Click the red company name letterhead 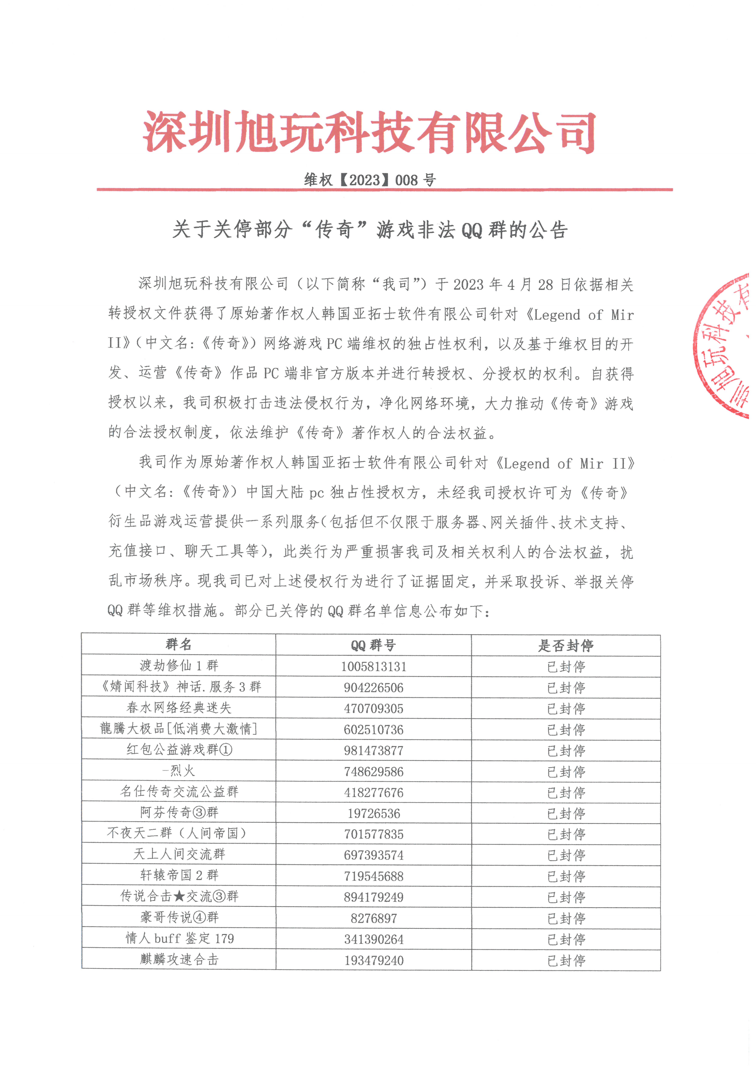pos(369,132)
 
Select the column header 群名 pos(179,644)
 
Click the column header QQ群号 pos(373,645)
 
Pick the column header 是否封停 pos(566,645)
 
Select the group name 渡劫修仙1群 pos(179,665)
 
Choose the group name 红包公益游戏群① pos(179,750)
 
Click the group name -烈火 pos(179,771)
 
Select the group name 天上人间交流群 pos(179,854)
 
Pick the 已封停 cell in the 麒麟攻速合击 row pos(566,960)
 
